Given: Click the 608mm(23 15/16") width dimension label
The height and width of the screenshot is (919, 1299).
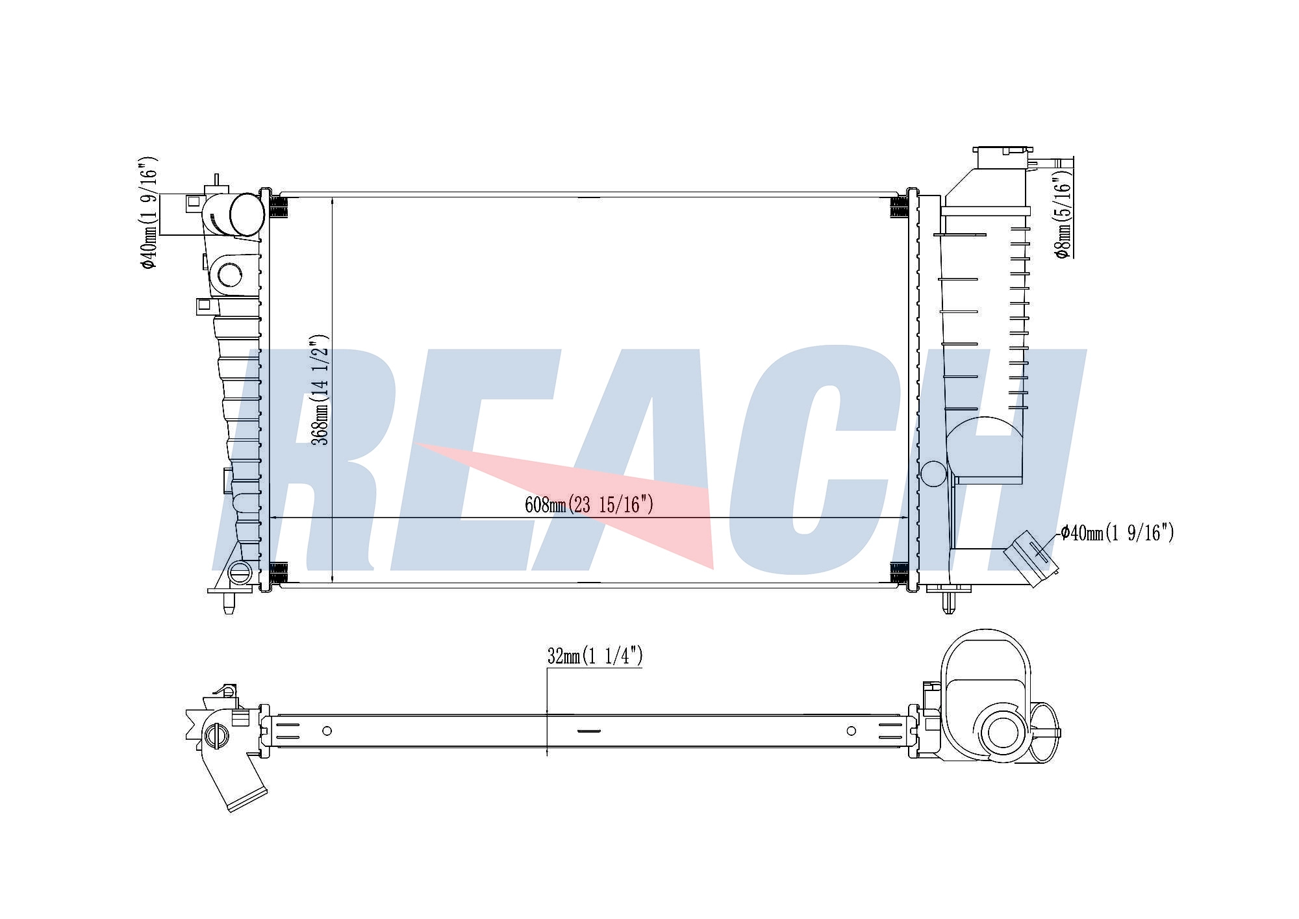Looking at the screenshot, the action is point(588,504).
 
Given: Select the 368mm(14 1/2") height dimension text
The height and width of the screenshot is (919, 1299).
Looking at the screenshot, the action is point(320,390).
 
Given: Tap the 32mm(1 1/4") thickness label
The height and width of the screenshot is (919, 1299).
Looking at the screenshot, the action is point(595,656).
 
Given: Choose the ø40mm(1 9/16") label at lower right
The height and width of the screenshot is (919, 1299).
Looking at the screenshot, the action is point(1117,533).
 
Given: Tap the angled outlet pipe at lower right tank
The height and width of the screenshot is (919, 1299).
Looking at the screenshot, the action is point(1031,558).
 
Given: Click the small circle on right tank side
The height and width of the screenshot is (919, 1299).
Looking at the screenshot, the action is point(933,473).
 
